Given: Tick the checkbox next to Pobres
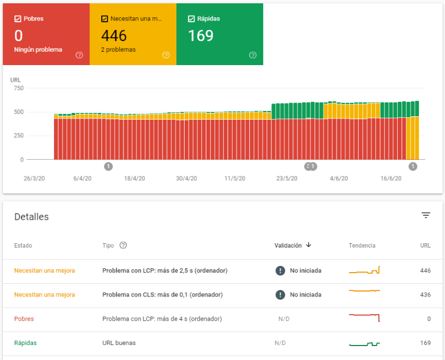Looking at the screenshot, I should (18, 19).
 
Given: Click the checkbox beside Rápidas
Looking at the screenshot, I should (192, 19).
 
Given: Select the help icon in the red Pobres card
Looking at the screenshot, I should (79, 55).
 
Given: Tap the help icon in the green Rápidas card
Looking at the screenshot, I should (253, 55).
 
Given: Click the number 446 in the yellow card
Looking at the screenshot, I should (114, 36).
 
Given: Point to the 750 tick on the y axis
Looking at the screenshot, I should (18, 88).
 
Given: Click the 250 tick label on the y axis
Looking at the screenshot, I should (18, 136).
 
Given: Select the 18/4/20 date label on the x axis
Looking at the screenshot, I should (135, 179).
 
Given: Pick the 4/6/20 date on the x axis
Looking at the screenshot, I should (339, 179).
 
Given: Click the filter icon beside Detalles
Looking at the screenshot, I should (426, 215).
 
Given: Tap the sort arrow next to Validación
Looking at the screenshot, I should (309, 245).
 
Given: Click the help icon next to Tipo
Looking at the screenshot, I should (123, 245).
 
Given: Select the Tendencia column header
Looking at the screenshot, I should (362, 245).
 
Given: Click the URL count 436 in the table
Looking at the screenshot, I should (425, 295).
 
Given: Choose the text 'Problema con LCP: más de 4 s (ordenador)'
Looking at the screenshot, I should (162, 319).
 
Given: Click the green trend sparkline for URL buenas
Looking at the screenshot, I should (364, 344).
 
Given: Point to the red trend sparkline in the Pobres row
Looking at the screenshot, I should (364, 317).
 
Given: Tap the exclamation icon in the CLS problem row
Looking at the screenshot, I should (280, 295).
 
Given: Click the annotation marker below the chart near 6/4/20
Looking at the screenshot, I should (108, 166).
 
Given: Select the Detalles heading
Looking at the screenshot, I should (32, 217).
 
